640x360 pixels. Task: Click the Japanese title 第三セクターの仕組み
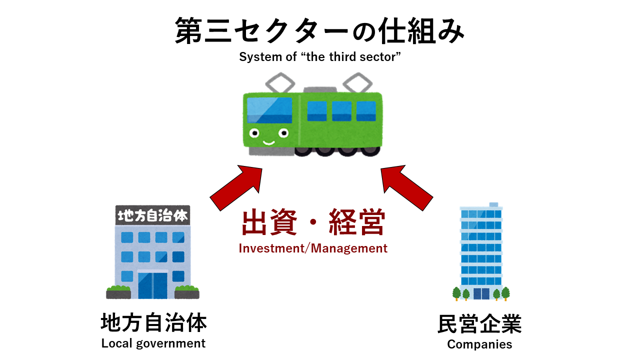tap(319, 30)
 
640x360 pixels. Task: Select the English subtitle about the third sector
tap(319, 57)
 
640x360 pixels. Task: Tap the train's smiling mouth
tap(268, 142)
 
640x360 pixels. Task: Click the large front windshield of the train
tap(269, 110)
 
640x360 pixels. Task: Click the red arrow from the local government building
tap(236, 188)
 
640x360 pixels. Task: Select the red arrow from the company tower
tap(407, 188)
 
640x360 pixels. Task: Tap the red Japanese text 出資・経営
tap(313, 222)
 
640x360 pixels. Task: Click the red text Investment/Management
tap(313, 248)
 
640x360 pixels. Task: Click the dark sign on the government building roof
tap(152, 215)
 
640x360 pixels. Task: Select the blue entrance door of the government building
tap(152, 285)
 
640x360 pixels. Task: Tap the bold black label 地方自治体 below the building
tap(153, 322)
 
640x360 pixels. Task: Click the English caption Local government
tap(153, 343)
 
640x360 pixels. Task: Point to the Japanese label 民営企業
tap(479, 324)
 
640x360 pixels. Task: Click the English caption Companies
tap(479, 344)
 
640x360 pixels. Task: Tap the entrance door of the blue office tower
tap(481, 293)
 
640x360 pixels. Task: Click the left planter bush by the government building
tap(118, 291)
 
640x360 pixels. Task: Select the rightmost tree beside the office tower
tap(505, 293)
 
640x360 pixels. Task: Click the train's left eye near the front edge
tap(254, 133)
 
